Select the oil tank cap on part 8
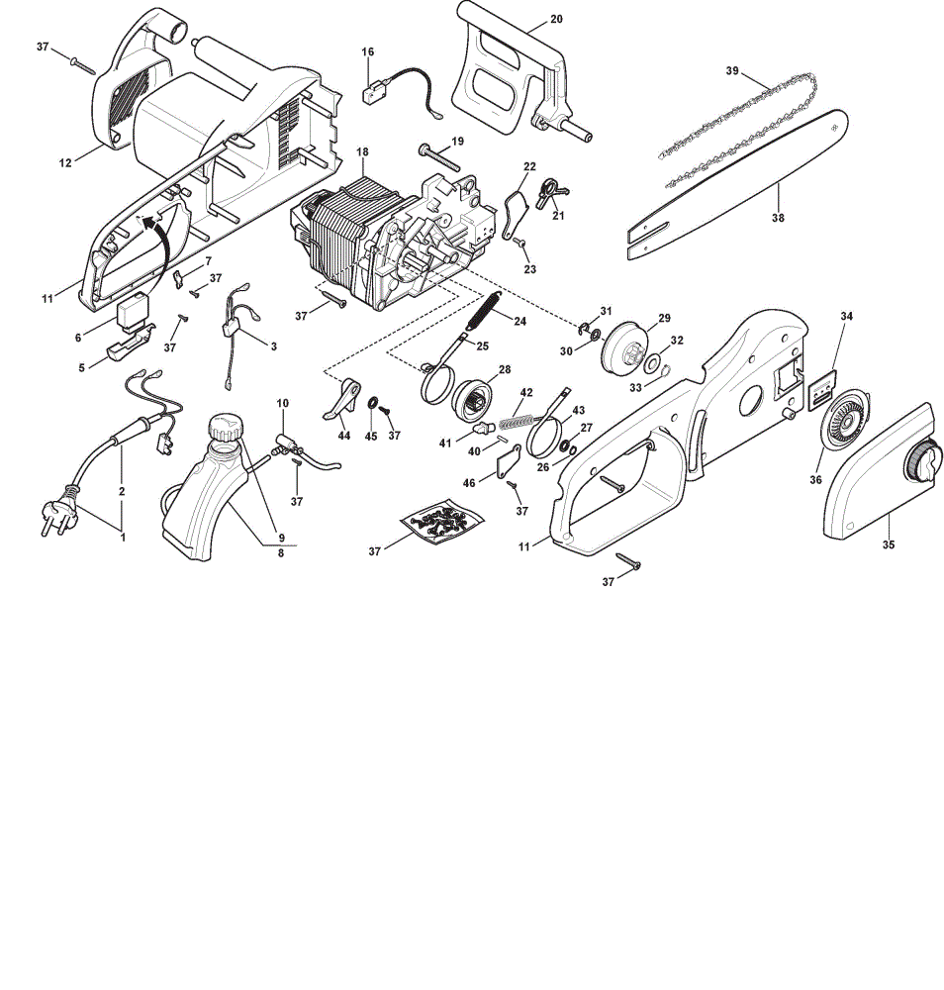(226, 428)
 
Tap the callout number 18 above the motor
(362, 151)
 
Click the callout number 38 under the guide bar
(778, 217)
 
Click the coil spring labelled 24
(485, 311)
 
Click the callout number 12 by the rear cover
(65, 163)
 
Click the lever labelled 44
(341, 399)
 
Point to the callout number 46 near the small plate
(469, 483)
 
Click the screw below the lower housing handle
(628, 560)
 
